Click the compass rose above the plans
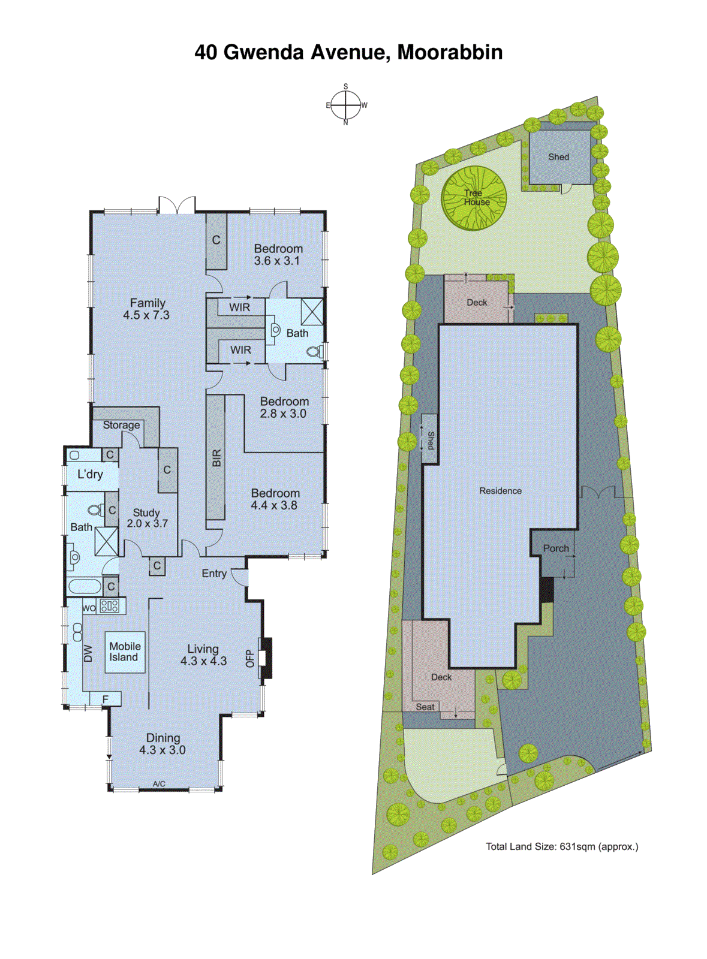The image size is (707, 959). (x=346, y=105)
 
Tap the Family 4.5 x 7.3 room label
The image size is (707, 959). (x=147, y=309)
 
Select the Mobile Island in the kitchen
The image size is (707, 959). (x=125, y=652)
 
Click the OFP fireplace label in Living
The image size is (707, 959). (x=250, y=659)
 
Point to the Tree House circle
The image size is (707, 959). (x=474, y=198)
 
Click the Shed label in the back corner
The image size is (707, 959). (x=558, y=157)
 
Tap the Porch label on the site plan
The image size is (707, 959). (x=556, y=548)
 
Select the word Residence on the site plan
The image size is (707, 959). (x=500, y=491)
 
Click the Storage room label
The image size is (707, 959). (x=121, y=425)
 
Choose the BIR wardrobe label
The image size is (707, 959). (x=216, y=458)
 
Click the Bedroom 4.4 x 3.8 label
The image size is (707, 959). (x=275, y=499)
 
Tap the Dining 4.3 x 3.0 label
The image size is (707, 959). (x=163, y=744)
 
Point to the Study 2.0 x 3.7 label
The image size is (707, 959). (x=147, y=518)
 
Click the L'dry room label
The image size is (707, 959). (x=90, y=474)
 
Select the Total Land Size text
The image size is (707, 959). (x=561, y=846)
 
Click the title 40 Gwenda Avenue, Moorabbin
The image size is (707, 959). (x=348, y=52)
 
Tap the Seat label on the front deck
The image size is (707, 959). (x=425, y=707)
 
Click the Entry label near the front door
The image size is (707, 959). (x=214, y=574)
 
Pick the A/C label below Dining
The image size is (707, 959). (x=159, y=784)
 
